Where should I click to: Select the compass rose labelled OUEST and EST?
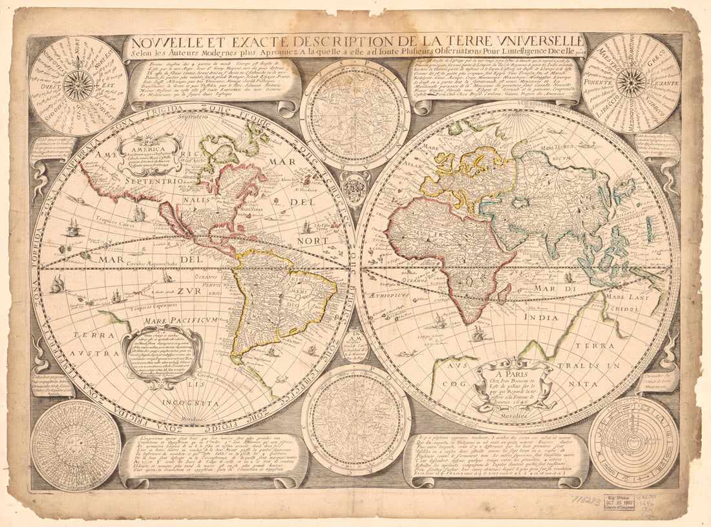[x=78, y=85]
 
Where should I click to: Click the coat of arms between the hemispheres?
[x=355, y=188]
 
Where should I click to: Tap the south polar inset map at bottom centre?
[x=356, y=418]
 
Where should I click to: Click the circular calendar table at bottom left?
[x=75, y=445]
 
